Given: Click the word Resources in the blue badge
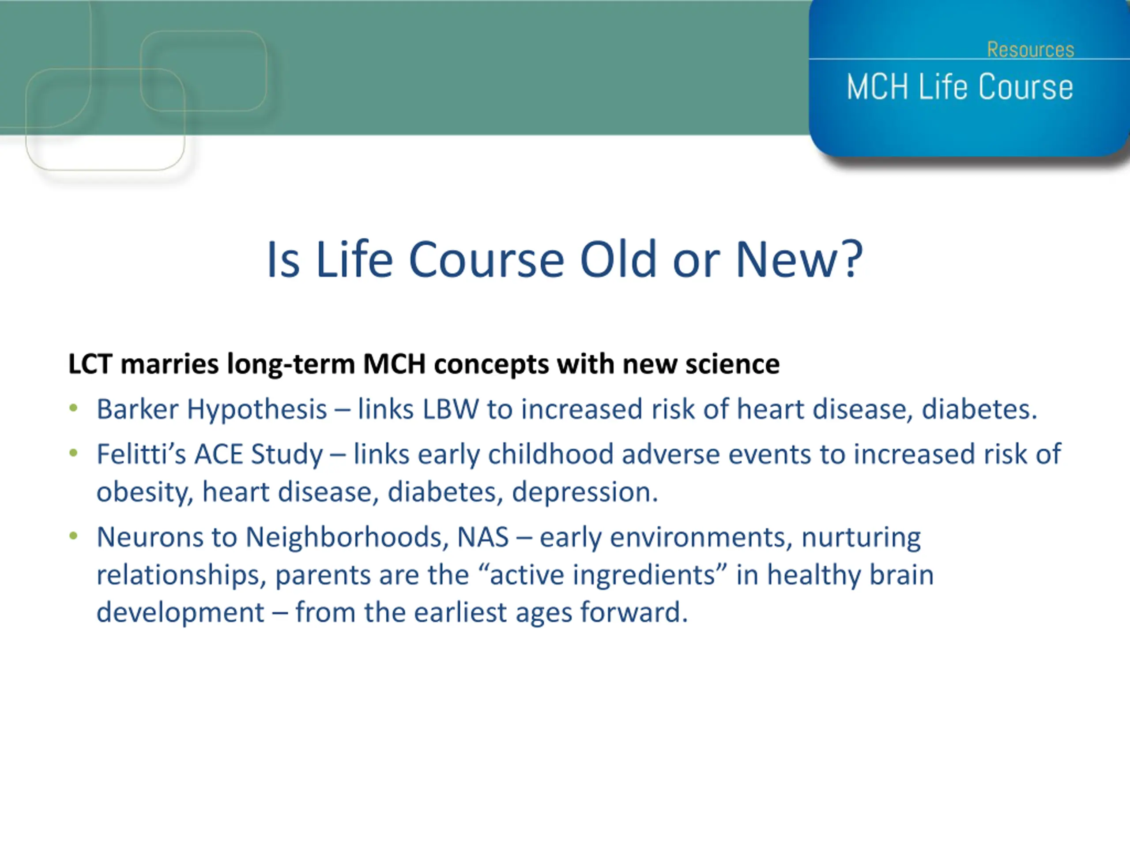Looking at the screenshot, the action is (x=1030, y=49).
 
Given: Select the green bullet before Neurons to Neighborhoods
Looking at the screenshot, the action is (x=74, y=536).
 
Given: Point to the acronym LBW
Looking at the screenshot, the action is (x=451, y=409).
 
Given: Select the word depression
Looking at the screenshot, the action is (x=585, y=492).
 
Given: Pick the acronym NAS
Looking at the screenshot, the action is (x=483, y=537).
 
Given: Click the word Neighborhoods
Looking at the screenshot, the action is (x=347, y=537).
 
